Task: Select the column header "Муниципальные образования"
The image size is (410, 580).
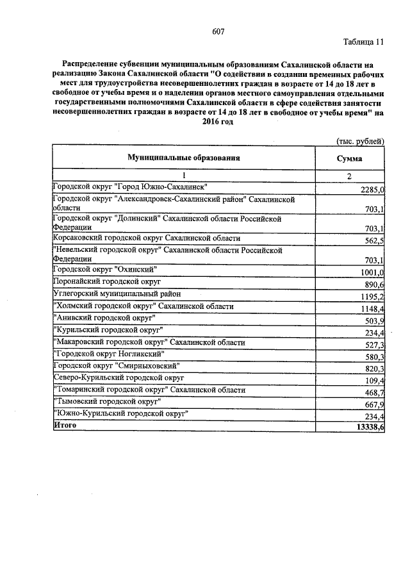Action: [183, 157]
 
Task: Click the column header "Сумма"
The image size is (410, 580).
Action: [349, 158]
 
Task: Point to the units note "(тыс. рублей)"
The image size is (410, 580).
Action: [360, 141]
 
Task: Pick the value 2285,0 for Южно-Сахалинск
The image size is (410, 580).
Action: [372, 190]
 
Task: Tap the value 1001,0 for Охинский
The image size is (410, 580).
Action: [372, 272]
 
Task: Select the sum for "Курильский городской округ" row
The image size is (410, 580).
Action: [373, 333]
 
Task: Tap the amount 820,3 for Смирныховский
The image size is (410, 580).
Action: [373, 369]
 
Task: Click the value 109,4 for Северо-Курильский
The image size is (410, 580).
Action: [373, 381]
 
